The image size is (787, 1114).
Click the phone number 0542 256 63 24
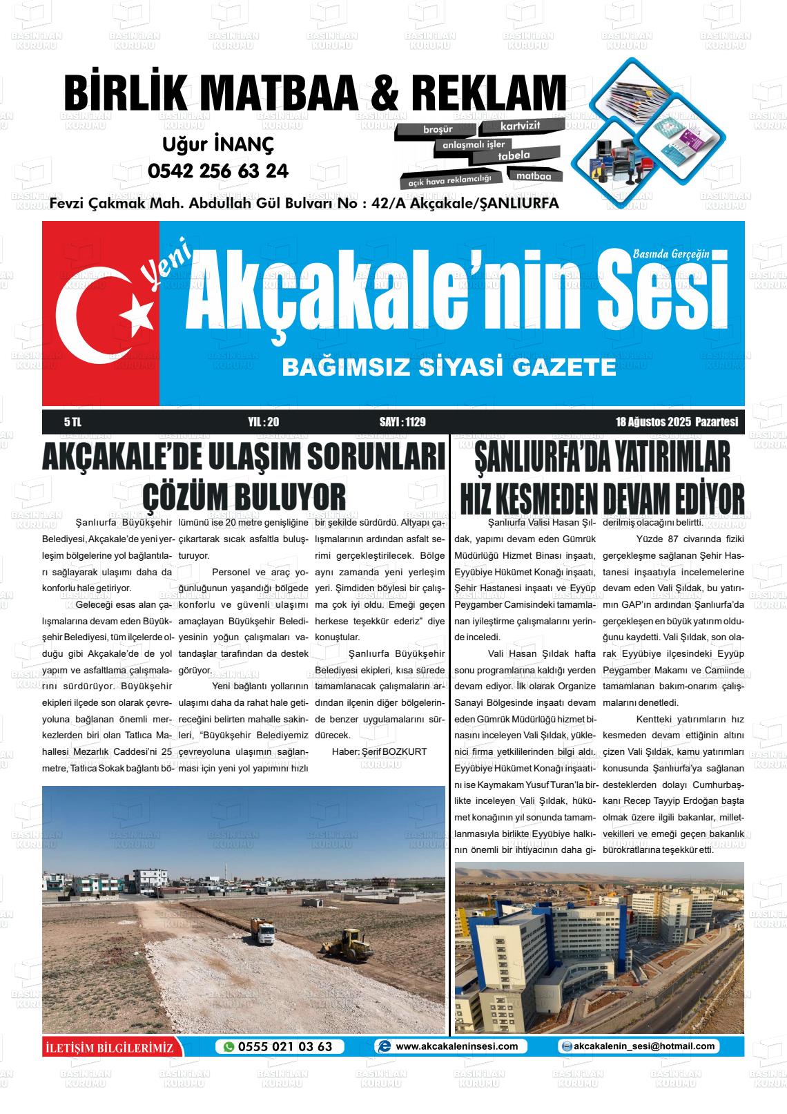coord(218,171)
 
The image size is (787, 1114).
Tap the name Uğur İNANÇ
coord(218,144)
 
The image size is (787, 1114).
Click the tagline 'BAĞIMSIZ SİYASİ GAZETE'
coord(449,367)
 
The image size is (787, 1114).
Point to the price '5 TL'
coord(72,422)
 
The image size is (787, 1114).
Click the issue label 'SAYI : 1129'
coord(402,422)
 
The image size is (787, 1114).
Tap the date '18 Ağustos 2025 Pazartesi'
coord(677,422)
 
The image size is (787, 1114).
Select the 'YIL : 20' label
coord(263,422)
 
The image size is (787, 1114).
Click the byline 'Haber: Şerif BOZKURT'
coord(379,751)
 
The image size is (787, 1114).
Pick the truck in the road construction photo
coord(261,931)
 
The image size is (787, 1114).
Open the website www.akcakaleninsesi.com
coord(456,1046)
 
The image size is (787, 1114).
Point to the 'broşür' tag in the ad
coord(438,129)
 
